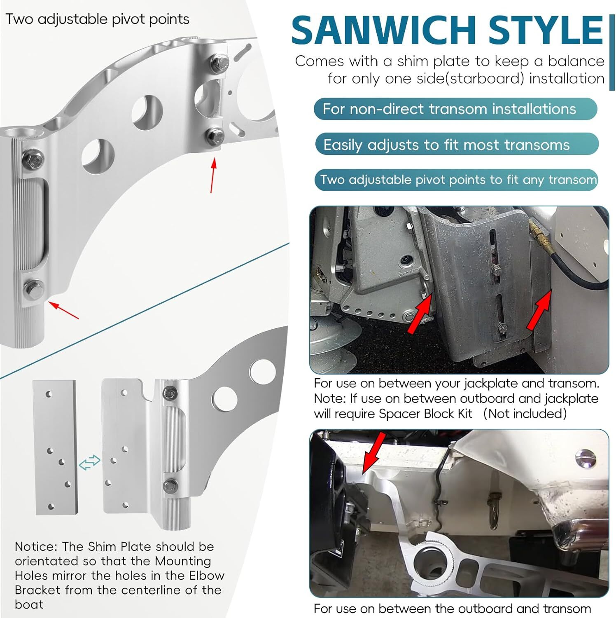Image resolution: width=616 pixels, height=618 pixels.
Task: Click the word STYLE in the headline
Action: pyautogui.click(x=546, y=30)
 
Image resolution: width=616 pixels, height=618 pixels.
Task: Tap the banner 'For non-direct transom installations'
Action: pyautogui.click(x=455, y=109)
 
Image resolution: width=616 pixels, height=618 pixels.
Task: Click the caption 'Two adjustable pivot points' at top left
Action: pyautogui.click(x=98, y=19)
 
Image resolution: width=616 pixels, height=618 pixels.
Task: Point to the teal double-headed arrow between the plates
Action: pyautogui.click(x=89, y=462)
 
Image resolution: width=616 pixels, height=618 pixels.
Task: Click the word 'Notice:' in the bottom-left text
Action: pyautogui.click(x=36, y=547)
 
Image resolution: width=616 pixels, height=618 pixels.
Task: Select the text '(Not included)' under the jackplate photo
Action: pyautogui.click(x=525, y=414)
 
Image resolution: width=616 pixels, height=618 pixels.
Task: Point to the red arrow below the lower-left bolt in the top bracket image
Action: pyautogui.click(x=63, y=310)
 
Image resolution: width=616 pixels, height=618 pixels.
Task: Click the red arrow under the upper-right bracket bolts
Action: pyautogui.click(x=213, y=175)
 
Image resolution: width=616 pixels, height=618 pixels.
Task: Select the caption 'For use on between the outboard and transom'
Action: pyautogui.click(x=452, y=609)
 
